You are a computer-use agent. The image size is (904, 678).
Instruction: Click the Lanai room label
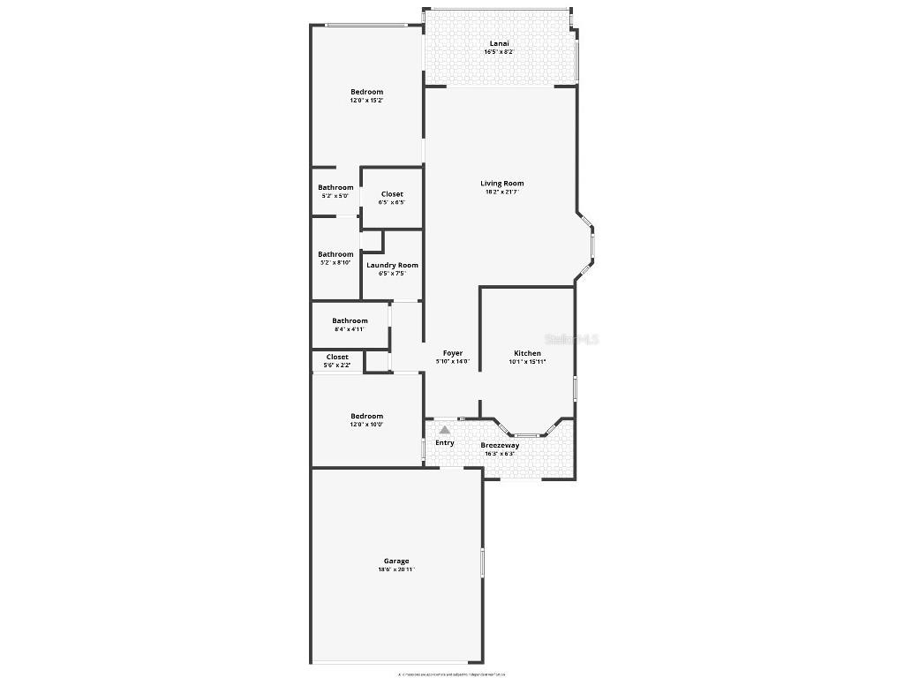pyautogui.click(x=499, y=42)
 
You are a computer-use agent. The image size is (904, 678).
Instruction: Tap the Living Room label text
pyautogui.click(x=501, y=184)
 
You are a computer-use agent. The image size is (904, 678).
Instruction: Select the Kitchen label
pyautogui.click(x=527, y=353)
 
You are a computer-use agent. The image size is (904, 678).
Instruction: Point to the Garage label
pyautogui.click(x=396, y=561)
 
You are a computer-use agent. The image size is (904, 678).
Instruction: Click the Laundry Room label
pyautogui.click(x=392, y=265)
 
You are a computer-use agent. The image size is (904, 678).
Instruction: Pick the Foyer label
pyautogui.click(x=452, y=353)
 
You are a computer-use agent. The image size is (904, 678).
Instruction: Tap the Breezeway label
pyautogui.click(x=500, y=446)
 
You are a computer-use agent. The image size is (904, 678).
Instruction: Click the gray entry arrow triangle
pyautogui.click(x=445, y=429)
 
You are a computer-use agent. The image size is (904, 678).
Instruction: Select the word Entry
pyautogui.click(x=445, y=442)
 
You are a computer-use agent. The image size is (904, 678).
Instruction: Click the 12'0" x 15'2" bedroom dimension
pyautogui.click(x=366, y=101)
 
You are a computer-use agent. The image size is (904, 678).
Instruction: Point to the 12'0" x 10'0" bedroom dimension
pyautogui.click(x=366, y=425)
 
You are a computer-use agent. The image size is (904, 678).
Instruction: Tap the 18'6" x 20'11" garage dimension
pyautogui.click(x=396, y=569)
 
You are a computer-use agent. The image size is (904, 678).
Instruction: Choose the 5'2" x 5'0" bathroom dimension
pyautogui.click(x=335, y=196)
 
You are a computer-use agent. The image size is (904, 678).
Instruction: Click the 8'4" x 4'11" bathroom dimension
pyautogui.click(x=350, y=329)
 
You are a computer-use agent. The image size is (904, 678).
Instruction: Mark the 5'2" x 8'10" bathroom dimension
pyautogui.click(x=335, y=263)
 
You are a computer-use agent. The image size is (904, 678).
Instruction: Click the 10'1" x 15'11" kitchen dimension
pyautogui.click(x=527, y=362)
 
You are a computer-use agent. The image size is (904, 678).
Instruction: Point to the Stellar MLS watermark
pyautogui.click(x=572, y=338)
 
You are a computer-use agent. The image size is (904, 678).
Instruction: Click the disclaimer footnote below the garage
pyautogui.click(x=452, y=674)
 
